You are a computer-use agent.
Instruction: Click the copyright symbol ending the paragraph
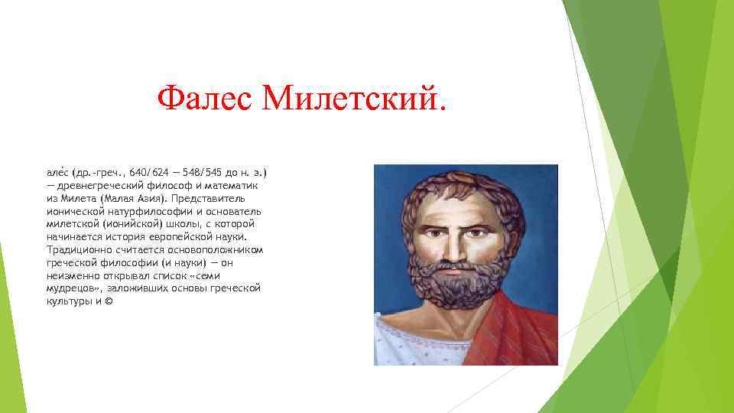(x=108, y=302)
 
